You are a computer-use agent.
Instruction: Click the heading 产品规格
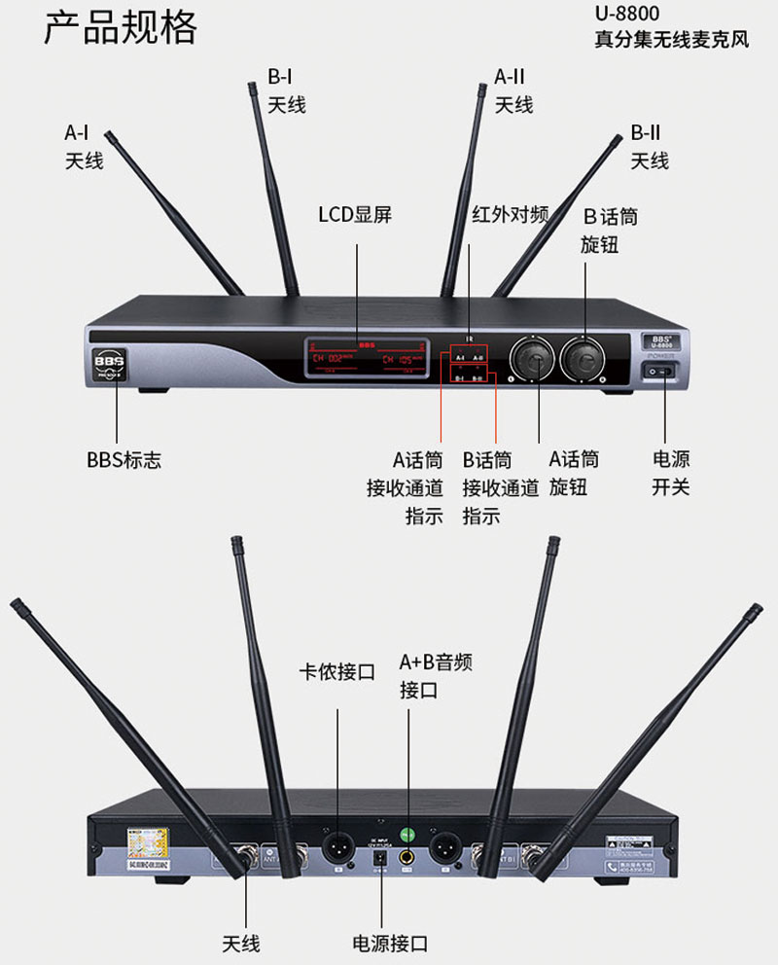click(121, 28)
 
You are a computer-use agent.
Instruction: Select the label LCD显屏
click(355, 214)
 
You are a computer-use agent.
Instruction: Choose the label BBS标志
click(124, 460)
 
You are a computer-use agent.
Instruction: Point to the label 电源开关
click(670, 472)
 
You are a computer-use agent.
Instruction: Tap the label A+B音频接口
click(436, 676)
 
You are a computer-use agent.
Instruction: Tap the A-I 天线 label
click(84, 147)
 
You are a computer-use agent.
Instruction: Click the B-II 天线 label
click(649, 146)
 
